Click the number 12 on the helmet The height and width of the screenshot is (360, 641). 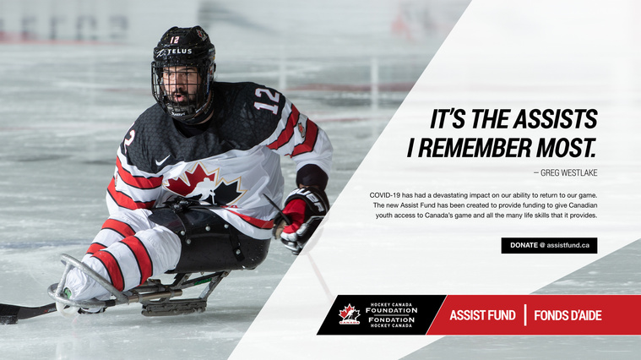[175, 40]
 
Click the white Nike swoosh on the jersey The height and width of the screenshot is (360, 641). [162, 161]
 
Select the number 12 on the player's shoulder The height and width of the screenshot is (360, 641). [268, 101]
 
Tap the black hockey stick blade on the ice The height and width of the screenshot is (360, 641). [24, 313]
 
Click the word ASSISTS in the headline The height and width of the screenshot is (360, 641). [555, 119]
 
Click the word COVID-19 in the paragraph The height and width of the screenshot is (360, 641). [384, 195]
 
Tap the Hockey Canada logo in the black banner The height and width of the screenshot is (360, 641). [349, 314]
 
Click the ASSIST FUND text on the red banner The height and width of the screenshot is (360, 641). [482, 315]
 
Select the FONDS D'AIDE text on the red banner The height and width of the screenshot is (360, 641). [568, 315]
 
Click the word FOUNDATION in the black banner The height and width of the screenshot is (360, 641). [391, 310]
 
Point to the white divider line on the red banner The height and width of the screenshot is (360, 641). [525, 315]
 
